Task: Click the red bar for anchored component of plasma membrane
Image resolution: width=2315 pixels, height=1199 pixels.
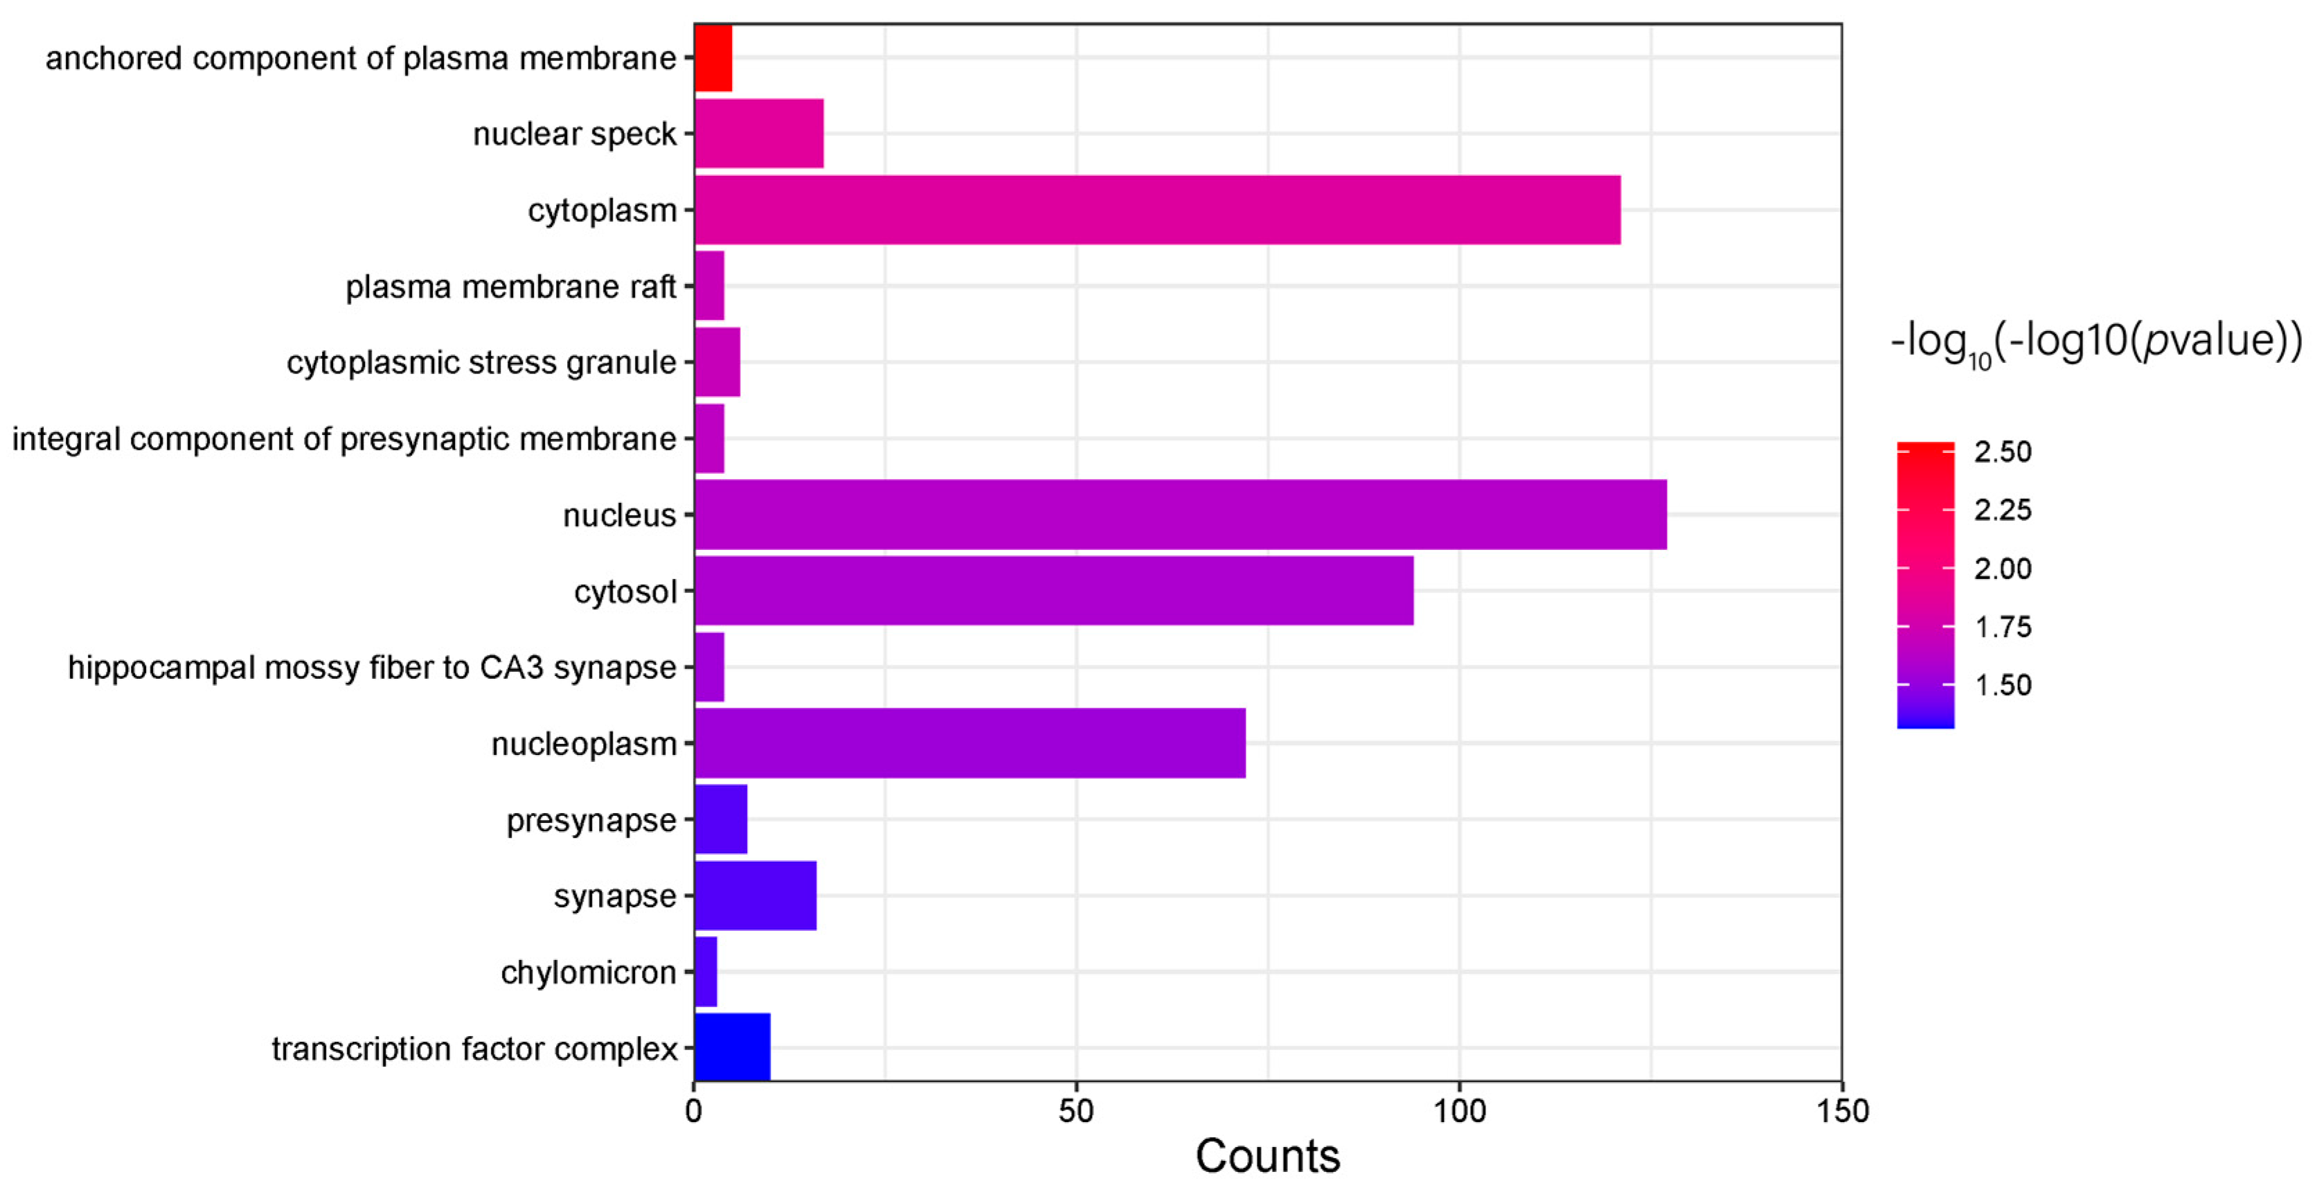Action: pos(713,57)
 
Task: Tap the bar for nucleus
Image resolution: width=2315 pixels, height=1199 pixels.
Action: pos(1180,514)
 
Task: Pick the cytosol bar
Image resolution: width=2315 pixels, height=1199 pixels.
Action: pos(1053,591)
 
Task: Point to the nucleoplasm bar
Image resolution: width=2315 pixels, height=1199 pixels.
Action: pos(969,743)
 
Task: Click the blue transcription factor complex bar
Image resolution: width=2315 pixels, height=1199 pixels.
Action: pos(731,1047)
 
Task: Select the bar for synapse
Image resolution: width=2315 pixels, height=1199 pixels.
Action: pos(755,895)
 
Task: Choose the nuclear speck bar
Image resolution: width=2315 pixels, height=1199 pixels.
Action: pos(758,133)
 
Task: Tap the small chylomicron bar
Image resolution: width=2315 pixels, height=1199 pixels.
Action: pos(706,972)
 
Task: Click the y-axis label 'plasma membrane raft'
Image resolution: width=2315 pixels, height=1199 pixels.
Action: pos(510,287)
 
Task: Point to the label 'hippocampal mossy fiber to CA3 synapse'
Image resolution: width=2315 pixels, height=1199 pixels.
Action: pos(371,668)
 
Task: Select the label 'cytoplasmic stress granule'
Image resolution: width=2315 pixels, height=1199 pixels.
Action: pos(481,362)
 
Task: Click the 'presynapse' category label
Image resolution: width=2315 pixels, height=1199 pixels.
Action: pos(591,819)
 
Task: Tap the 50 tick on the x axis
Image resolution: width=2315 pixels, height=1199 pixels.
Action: pos(1075,1112)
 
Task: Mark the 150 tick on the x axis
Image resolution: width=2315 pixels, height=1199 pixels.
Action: pos(1842,1112)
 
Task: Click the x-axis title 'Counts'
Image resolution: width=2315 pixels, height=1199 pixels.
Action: pos(1267,1156)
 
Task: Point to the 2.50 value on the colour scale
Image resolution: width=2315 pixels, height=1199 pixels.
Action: pos(2002,451)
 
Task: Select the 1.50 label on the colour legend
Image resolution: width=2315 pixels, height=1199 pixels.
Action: pos(2002,685)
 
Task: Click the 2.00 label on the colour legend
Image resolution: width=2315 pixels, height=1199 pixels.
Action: pos(2002,568)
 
